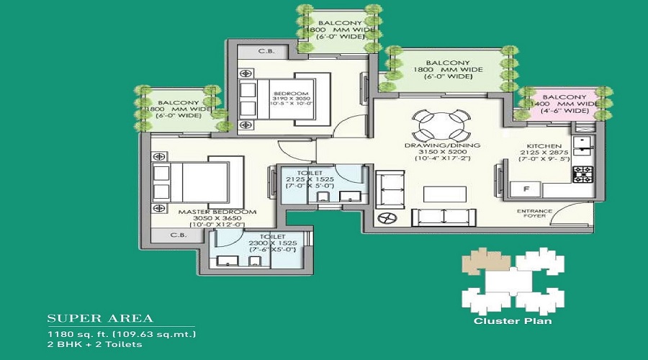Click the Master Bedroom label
click(x=227, y=212)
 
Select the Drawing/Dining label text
click(x=441, y=145)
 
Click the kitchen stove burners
click(x=582, y=174)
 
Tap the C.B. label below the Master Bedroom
click(x=179, y=235)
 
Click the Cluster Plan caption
click(x=513, y=321)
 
